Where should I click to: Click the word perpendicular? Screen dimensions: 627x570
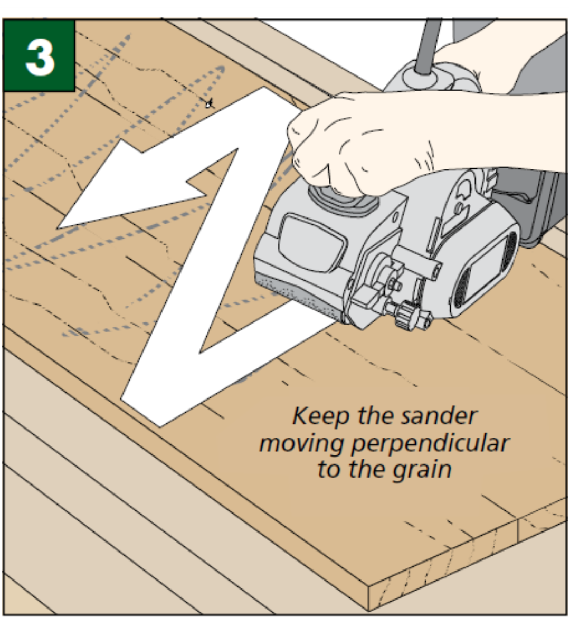(x=430, y=444)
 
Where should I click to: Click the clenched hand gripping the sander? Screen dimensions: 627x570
(x=338, y=142)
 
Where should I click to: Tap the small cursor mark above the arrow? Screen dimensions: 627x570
(x=210, y=103)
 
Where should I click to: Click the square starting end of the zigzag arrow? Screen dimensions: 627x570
(x=142, y=406)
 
